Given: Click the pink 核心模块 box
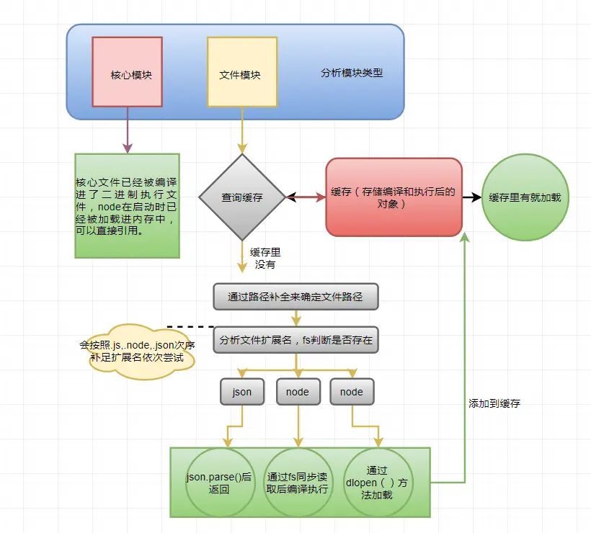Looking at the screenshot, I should click(x=128, y=73).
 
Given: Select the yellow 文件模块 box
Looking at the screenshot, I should click(x=242, y=73).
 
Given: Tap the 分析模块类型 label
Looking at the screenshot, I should click(x=352, y=73).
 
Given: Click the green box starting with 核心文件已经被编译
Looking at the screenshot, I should click(x=127, y=205).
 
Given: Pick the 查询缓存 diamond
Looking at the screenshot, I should click(x=242, y=197).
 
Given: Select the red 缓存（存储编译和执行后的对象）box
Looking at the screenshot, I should click(x=394, y=197).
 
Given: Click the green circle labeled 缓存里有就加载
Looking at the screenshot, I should click(x=525, y=197).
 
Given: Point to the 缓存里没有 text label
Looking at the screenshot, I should click(x=265, y=258).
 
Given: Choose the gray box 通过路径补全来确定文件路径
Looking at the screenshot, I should click(x=295, y=296).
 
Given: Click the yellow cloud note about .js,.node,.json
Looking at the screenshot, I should click(x=137, y=351).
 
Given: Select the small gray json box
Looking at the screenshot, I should click(x=242, y=392).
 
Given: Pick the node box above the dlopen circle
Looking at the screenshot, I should click(x=352, y=392).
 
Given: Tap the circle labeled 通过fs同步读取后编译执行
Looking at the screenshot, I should click(x=298, y=483).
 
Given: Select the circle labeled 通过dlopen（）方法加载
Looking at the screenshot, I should click(x=377, y=483).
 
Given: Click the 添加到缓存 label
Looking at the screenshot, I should click(x=494, y=404).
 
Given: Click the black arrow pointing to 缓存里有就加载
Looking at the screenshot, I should click(x=471, y=197).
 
